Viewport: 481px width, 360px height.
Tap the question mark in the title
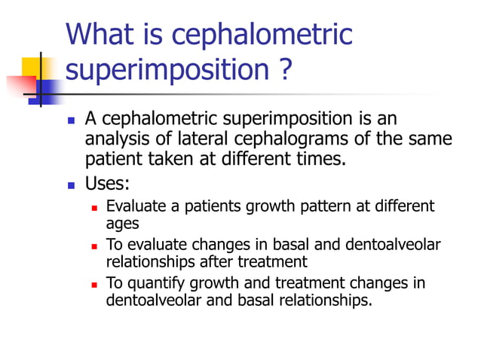(x=283, y=70)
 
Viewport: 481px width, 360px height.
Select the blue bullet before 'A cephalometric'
(x=72, y=121)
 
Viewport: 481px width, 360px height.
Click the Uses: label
(x=107, y=184)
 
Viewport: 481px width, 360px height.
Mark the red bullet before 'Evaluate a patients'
(x=95, y=206)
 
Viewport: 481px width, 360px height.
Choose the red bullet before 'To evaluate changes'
(x=95, y=245)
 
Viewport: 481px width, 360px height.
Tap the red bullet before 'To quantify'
(x=95, y=284)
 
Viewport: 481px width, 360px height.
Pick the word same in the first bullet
(x=432, y=139)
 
